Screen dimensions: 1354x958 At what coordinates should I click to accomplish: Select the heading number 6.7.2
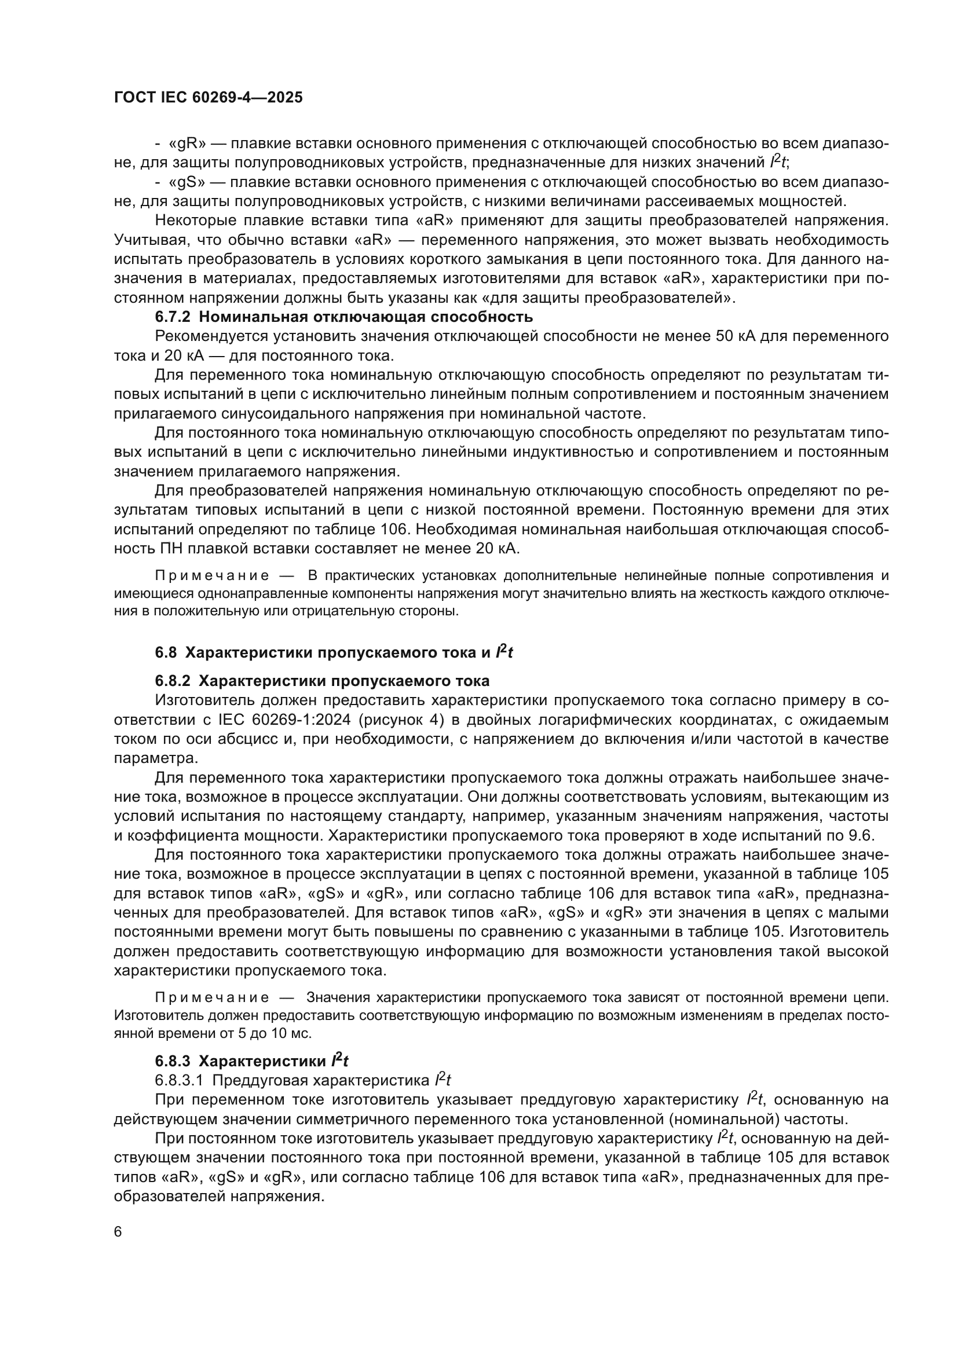click(173, 317)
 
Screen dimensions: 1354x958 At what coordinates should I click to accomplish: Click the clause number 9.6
click(876, 836)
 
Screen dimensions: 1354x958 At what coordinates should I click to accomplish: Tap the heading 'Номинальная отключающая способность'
click(365, 317)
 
